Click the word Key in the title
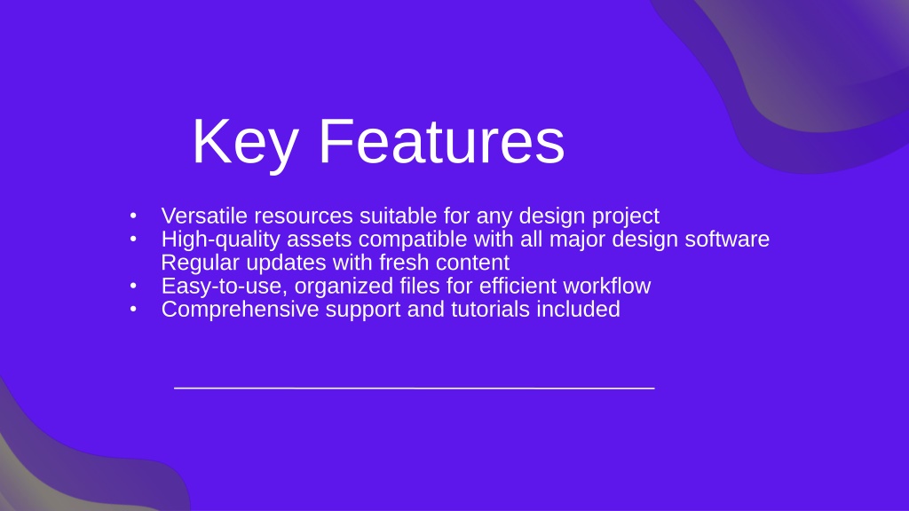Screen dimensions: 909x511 (246, 143)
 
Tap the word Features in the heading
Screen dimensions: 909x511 (442, 141)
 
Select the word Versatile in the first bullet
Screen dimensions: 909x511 (205, 216)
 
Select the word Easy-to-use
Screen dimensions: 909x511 (224, 287)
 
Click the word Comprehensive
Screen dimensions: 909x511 (240, 310)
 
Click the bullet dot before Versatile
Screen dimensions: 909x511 (133, 216)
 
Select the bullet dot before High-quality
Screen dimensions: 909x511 (133, 239)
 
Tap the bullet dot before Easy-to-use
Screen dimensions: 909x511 (133, 286)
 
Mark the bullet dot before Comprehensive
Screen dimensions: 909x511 (133, 309)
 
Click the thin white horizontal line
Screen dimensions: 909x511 (415, 388)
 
